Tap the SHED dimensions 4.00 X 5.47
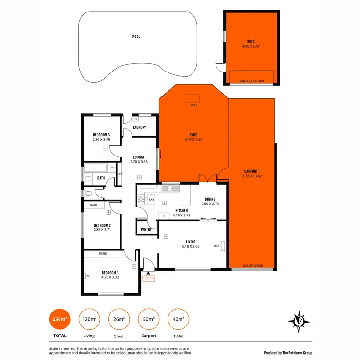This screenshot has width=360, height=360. tap(251, 47)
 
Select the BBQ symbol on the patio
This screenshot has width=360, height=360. tap(194, 98)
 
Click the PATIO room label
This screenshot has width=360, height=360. tap(194, 135)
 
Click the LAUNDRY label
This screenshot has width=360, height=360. tap(139, 127)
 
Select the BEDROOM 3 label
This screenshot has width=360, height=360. tap(101, 134)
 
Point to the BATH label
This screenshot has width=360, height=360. tap(101, 178)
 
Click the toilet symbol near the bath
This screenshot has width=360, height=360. tap(87, 193)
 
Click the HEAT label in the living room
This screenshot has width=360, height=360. tap(217, 246)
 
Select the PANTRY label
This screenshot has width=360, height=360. tap(146, 229)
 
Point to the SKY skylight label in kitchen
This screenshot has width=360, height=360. tap(151, 199)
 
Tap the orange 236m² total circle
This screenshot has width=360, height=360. tap(60, 318)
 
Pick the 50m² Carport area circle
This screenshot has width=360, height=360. tap(148, 318)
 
